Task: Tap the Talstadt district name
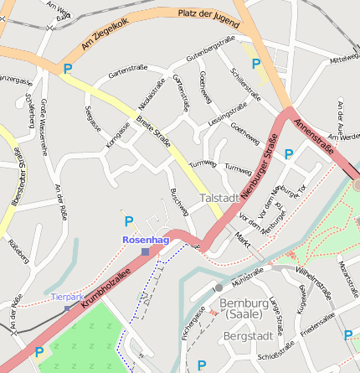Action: (219, 197)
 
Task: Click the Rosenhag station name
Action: (146, 240)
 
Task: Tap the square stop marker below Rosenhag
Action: (146, 251)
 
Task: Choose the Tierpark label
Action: (67, 297)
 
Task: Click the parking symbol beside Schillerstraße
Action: (256, 63)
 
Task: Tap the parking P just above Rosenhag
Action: (128, 221)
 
